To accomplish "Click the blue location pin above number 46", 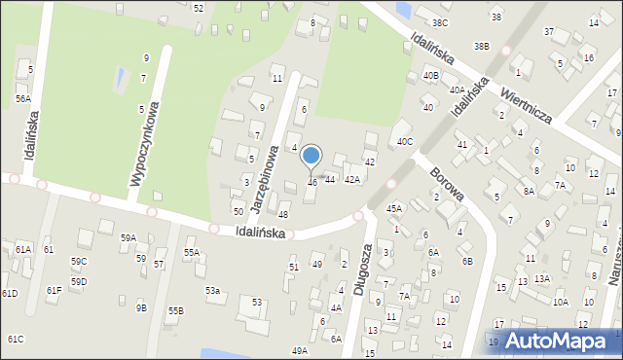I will point(311,157).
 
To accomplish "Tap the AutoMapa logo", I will point(553,341).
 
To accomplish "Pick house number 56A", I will point(22,98).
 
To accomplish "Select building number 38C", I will point(440,22).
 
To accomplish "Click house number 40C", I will point(405,141).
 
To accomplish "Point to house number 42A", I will point(352,179).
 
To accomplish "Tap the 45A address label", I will point(393,208).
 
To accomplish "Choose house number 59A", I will point(128,237).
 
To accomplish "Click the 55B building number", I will point(175,310).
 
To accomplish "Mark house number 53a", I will point(212,290).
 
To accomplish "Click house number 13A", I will point(541,279).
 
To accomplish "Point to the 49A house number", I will point(299,350).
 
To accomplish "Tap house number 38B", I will point(481,46).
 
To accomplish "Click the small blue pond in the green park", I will point(119,76).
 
